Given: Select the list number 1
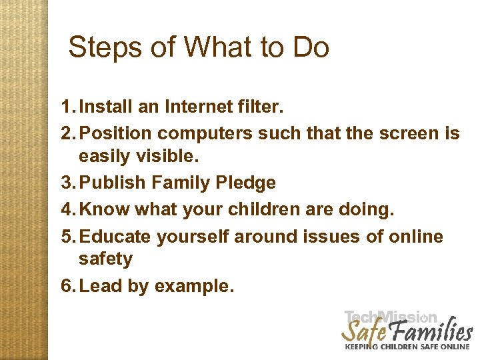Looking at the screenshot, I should coord(66,107).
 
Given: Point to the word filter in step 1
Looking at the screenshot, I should coord(257,107).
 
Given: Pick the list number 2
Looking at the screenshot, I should coord(66,134).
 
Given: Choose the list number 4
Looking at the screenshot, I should coord(66,210).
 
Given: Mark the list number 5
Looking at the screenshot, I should coord(66,237).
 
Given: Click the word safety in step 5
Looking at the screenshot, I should coord(105,259).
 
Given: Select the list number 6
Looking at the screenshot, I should coord(66,286).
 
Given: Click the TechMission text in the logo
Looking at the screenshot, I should coord(391,317).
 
